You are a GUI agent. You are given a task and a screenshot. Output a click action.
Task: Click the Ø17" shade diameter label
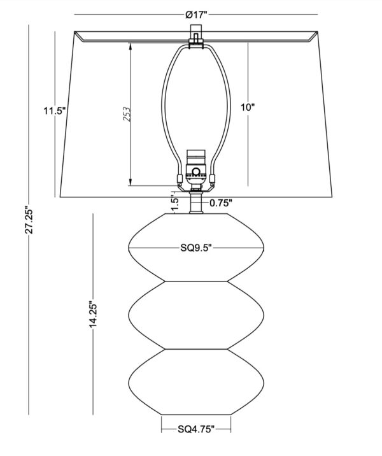click(196, 14)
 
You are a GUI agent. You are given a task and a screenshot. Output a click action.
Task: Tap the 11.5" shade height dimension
click(55, 111)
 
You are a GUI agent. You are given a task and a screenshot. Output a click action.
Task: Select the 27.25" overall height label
click(29, 220)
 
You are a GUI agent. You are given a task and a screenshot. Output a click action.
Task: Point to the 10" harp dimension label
click(248, 107)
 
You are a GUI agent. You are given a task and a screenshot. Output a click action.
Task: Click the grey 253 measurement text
click(127, 114)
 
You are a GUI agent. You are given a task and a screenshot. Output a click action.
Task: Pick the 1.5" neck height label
click(174, 204)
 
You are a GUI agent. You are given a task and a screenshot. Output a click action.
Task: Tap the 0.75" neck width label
click(221, 203)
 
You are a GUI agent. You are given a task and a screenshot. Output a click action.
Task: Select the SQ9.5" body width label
click(195, 248)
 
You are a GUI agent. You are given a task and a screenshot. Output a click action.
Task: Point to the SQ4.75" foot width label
click(196, 429)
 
